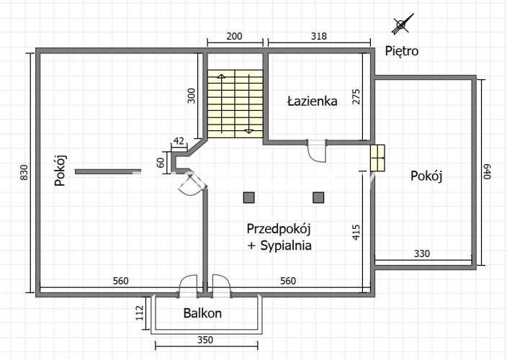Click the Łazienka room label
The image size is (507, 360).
pyautogui.click(x=312, y=102)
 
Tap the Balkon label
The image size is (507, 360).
pyautogui.click(x=202, y=313)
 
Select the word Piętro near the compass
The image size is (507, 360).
pyautogui.click(x=401, y=51)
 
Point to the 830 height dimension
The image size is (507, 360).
pyautogui.click(x=24, y=174)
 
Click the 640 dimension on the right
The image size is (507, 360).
pyautogui.click(x=487, y=171)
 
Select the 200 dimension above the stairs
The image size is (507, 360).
pyautogui.click(x=235, y=36)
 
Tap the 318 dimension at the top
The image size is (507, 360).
pyautogui.click(x=319, y=36)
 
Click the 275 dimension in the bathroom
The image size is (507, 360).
pyautogui.click(x=356, y=96)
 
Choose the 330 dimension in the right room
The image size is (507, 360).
pyautogui.click(x=421, y=253)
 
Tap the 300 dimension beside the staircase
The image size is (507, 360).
pyautogui.click(x=192, y=96)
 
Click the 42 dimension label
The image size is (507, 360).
pyautogui.click(x=179, y=141)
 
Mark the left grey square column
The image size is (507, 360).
pyautogui.click(x=248, y=197)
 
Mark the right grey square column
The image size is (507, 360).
pyautogui.click(x=318, y=197)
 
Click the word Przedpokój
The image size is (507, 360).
pyautogui.click(x=278, y=229)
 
